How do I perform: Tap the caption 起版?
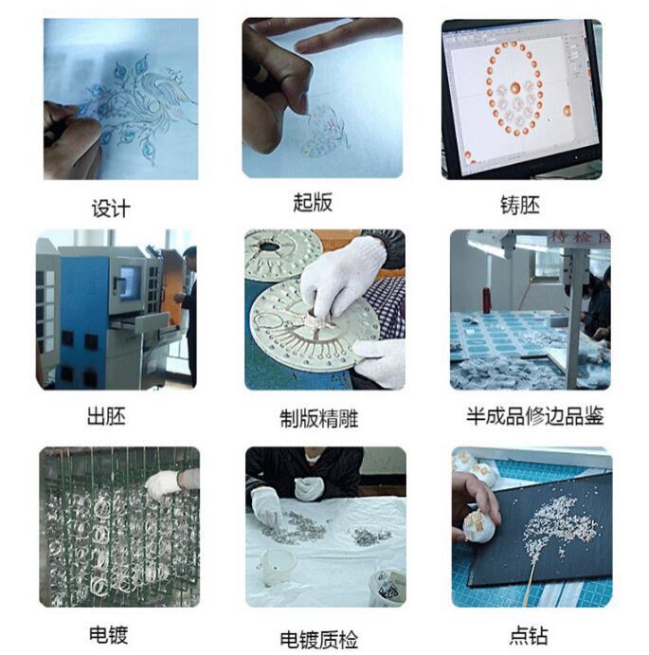tap(313, 203)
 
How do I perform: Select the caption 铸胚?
tap(519, 204)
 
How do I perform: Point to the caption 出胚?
tap(107, 415)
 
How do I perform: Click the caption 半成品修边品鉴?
tap(534, 415)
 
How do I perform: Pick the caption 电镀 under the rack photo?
tap(108, 634)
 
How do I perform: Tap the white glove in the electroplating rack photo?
tap(167, 484)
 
